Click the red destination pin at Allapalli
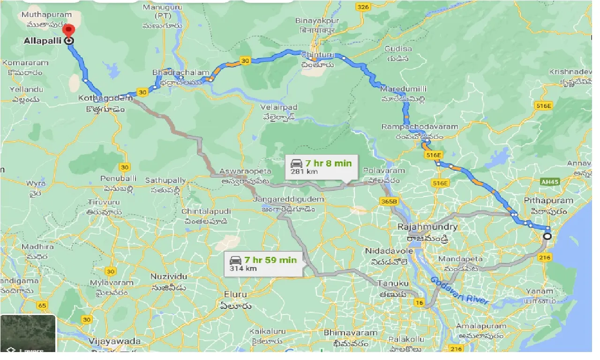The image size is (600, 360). coord(69,30)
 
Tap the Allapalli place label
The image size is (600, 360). coord(43,41)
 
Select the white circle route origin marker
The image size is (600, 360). coord(547,236)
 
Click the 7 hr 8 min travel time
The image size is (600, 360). coord(328,163)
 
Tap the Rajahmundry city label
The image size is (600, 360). coord(427,227)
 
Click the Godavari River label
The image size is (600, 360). coord(459,290)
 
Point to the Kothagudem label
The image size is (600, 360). coord(105,98)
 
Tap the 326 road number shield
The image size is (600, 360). coord(362,7)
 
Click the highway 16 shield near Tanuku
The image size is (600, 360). coord(419,303)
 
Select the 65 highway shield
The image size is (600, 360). coord(42,306)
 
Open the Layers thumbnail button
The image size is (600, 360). coord(28,333)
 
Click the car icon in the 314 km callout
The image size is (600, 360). coord(235,260)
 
